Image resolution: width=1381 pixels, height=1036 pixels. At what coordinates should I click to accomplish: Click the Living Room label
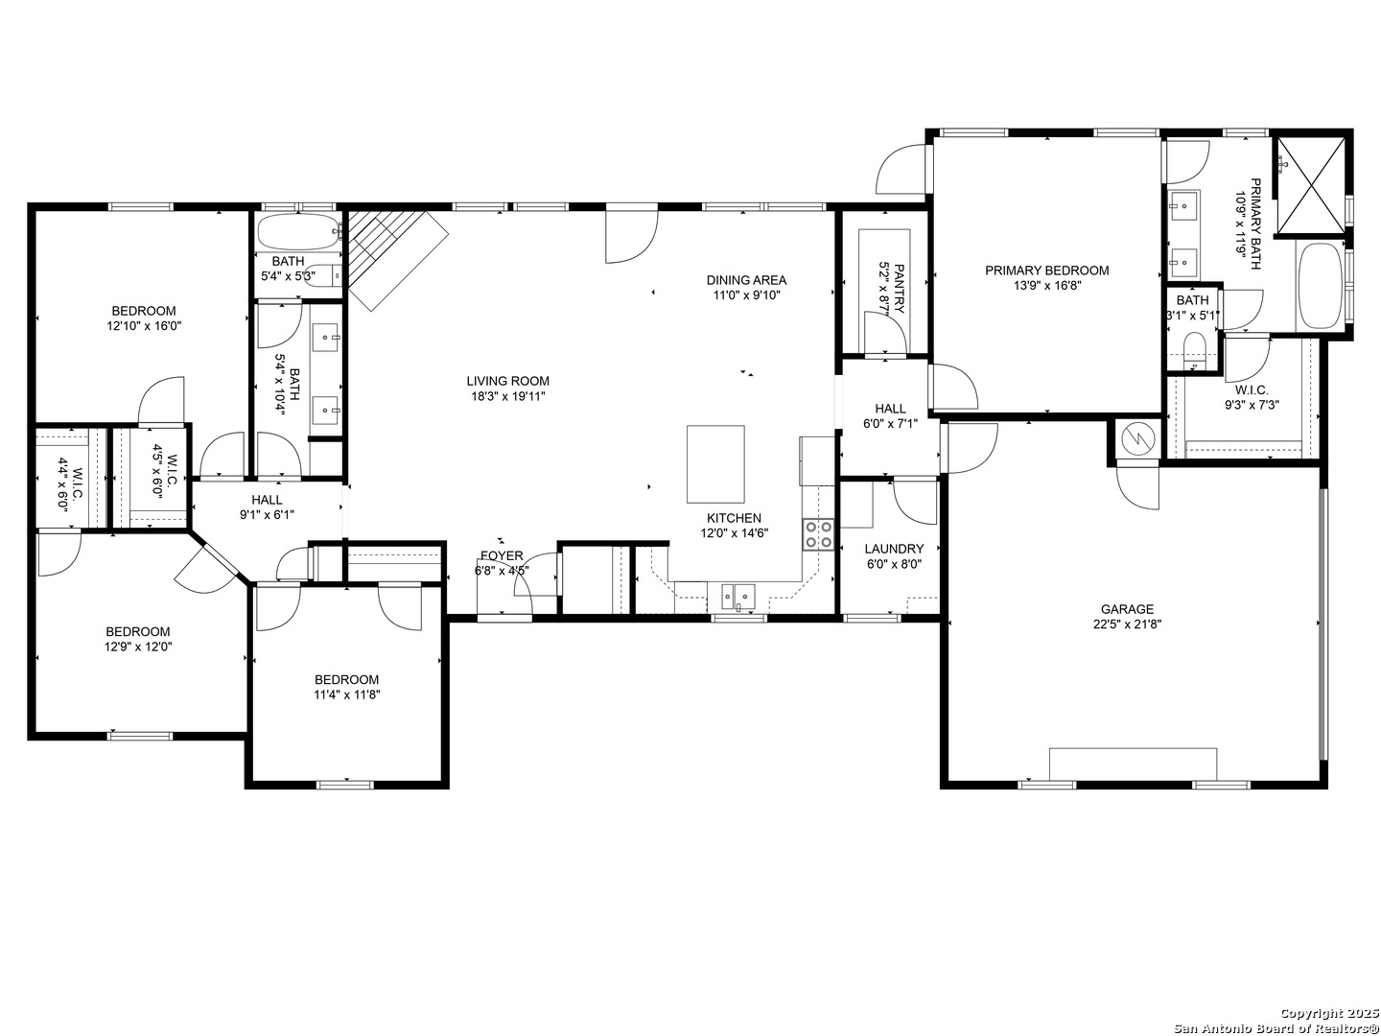click(507, 381)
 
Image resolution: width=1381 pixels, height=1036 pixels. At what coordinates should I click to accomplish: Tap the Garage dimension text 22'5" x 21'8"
click(1126, 624)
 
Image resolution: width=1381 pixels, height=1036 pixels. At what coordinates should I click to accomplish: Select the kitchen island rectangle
click(715, 463)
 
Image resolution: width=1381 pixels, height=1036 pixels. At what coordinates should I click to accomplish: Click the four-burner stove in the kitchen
click(817, 534)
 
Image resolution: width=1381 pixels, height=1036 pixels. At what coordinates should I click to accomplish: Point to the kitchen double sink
click(738, 595)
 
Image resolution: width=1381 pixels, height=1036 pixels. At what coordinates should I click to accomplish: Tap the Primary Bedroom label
click(1046, 271)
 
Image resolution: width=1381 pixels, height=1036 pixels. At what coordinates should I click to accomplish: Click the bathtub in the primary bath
click(1318, 286)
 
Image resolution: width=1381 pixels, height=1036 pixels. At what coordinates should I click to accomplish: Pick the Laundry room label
click(894, 549)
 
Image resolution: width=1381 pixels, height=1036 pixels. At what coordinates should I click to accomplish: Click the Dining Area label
click(746, 280)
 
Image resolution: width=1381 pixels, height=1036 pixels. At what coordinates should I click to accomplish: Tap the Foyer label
click(502, 555)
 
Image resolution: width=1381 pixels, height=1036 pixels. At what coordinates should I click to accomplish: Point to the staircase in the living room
click(396, 259)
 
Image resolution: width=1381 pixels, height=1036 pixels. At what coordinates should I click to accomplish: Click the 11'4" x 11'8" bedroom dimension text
click(347, 695)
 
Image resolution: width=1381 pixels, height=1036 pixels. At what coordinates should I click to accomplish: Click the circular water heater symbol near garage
click(1138, 438)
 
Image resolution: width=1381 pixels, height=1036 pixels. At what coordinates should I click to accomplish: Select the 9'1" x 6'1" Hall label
click(267, 507)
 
